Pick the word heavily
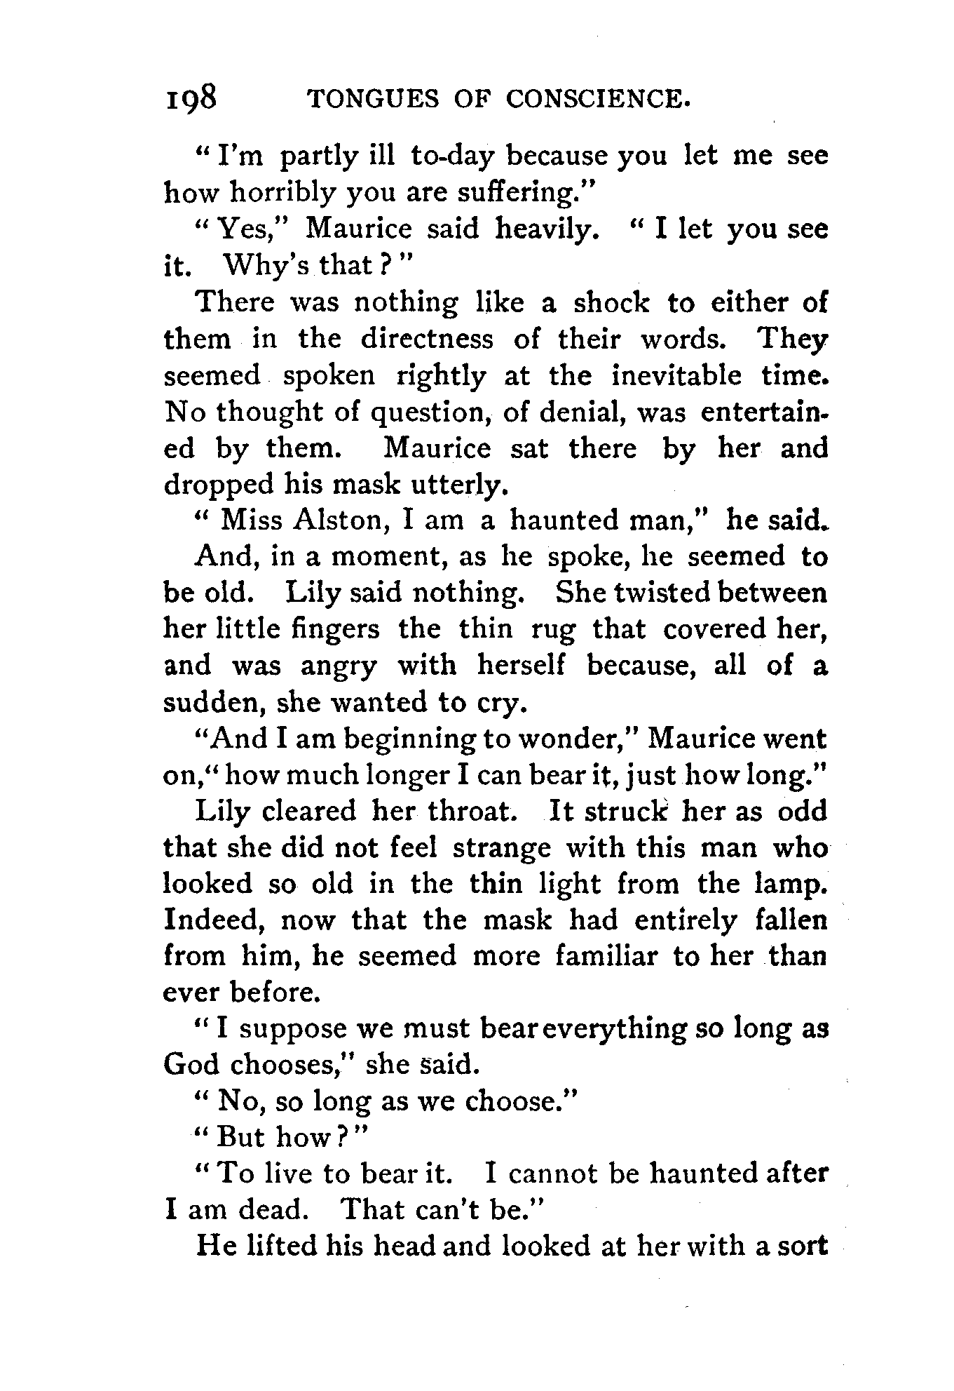(547, 229)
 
